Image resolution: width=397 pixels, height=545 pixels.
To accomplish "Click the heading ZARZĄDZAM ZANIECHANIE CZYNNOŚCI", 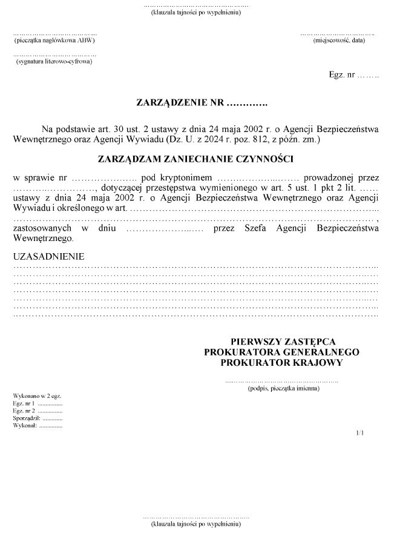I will click(x=195, y=159).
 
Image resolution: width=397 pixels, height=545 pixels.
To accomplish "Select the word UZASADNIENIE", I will click(x=49, y=256).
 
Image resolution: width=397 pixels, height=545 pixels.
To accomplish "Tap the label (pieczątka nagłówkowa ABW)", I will click(x=54, y=41).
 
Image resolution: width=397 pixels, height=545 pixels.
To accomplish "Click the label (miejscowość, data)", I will click(x=339, y=41).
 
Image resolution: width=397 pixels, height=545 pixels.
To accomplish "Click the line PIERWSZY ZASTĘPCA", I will click(x=283, y=341).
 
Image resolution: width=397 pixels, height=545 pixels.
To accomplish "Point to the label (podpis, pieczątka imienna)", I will click(x=283, y=389).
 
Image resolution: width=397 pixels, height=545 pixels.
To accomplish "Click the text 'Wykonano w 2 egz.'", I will click(x=37, y=395).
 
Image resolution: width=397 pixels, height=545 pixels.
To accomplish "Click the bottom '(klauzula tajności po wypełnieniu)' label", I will click(x=196, y=523).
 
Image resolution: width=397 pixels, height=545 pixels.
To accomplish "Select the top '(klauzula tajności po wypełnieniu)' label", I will click(x=196, y=13).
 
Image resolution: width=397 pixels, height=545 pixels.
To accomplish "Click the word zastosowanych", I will click(x=42, y=228).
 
